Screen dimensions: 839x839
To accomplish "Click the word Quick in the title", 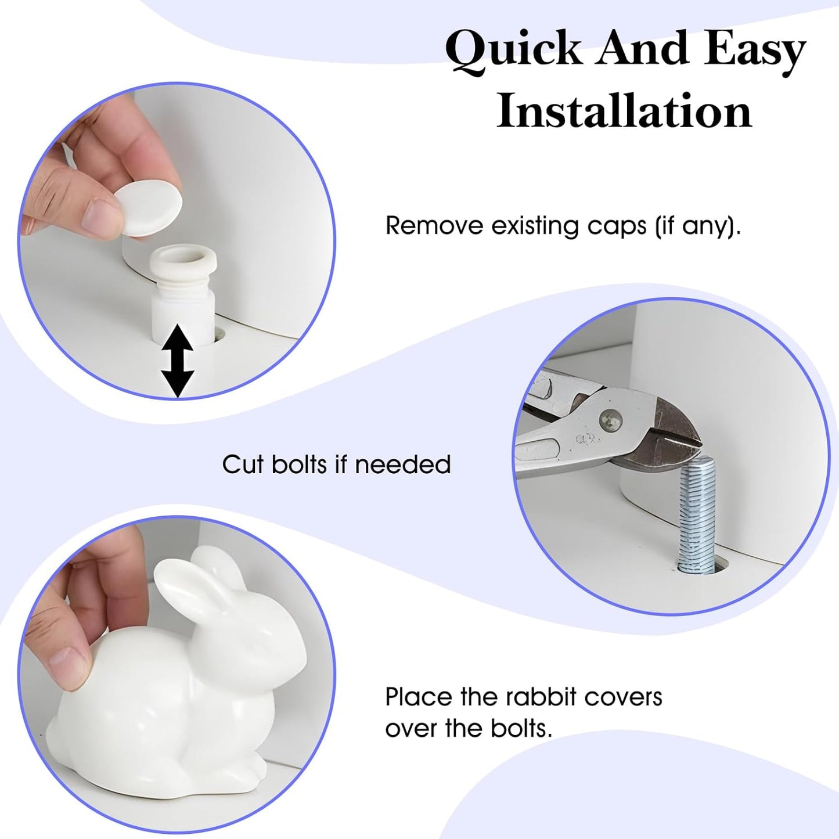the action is pos(513,53).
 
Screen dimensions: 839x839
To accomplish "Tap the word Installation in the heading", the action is pos(625,111).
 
